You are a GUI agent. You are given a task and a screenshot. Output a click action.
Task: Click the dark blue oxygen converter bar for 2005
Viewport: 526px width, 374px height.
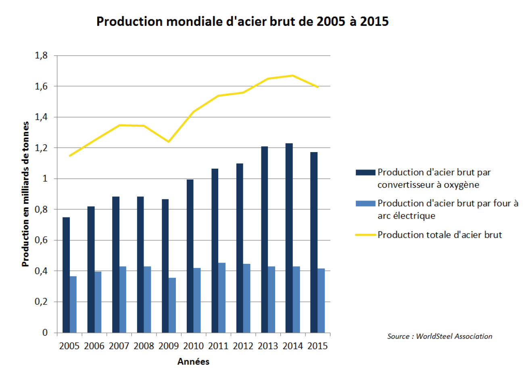[x=66, y=275]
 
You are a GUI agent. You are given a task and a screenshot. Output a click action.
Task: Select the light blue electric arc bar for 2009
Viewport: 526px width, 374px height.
[x=172, y=305]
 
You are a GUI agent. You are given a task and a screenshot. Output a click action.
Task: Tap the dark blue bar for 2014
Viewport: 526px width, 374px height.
[x=289, y=238]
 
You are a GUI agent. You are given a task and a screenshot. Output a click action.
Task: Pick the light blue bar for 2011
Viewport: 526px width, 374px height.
[x=222, y=298]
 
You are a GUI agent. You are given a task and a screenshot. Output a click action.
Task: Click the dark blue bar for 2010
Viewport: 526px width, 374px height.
[x=190, y=256]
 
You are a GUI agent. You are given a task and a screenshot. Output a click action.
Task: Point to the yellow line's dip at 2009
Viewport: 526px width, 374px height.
[x=169, y=142]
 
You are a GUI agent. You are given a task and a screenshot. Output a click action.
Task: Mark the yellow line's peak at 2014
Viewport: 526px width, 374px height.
[x=292, y=75]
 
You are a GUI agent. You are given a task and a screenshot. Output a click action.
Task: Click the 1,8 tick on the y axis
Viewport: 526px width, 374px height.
[x=41, y=56]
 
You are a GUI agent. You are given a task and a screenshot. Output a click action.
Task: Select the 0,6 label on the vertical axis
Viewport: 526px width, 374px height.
[x=41, y=240]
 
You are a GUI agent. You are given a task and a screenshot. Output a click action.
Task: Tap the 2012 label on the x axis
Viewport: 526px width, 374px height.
[x=243, y=346]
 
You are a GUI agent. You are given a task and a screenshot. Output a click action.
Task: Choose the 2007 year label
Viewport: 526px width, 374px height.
[x=119, y=346]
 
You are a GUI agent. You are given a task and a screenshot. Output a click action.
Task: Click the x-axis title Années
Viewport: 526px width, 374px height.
[x=193, y=362]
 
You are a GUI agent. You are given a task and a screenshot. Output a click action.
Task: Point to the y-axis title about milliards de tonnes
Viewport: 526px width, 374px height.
[x=25, y=194]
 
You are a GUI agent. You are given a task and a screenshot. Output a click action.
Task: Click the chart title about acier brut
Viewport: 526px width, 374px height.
[x=242, y=21]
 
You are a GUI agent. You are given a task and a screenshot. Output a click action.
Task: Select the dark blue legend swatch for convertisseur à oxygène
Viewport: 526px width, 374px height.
[x=365, y=173]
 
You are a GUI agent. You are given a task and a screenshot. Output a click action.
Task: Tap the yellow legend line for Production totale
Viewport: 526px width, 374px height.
[x=365, y=235]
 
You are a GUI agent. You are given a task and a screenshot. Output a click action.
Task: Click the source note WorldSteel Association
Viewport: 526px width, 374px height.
[x=440, y=336]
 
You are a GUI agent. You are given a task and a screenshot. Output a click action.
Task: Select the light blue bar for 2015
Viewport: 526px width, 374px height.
[x=321, y=301]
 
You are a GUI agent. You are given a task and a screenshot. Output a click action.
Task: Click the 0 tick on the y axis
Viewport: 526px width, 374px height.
[x=45, y=333]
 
